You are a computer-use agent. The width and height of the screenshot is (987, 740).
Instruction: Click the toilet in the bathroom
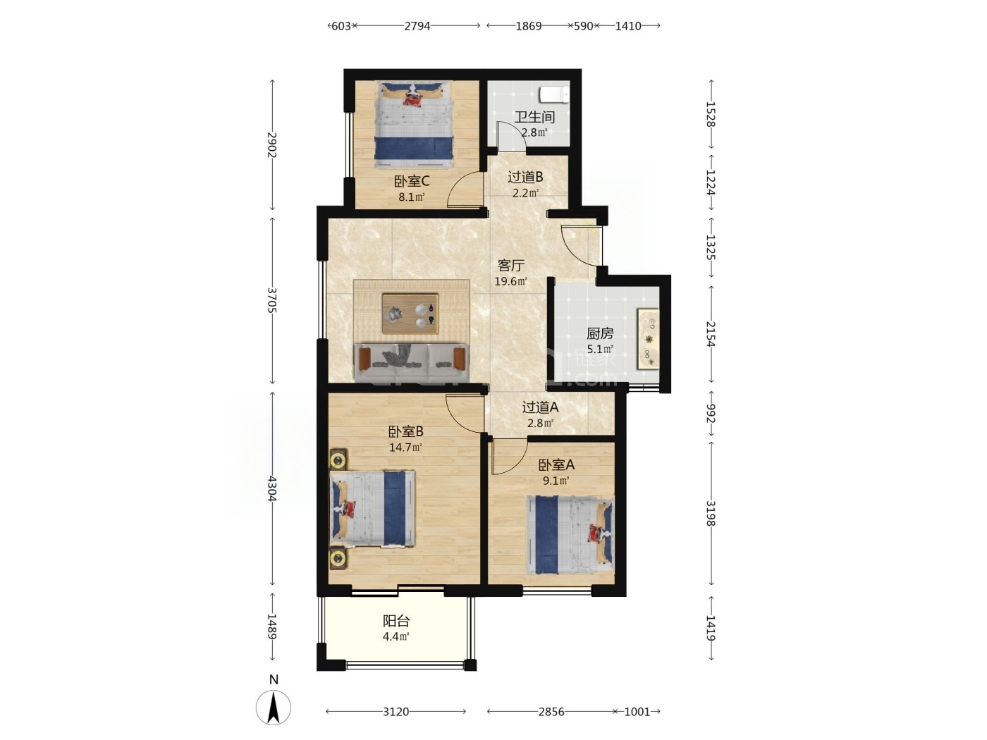pos(553,95)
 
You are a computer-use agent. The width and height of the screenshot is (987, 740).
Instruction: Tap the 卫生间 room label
pos(534,117)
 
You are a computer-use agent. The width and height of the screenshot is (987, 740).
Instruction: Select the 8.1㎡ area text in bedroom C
pos(412,197)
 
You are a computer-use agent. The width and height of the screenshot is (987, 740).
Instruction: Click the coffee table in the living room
pos(410,313)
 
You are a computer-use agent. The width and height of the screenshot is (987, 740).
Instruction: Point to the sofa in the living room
pos(412,362)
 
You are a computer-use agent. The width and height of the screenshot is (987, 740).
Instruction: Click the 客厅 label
pos(511,266)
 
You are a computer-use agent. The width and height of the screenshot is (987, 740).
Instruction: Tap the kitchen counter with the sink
pos(648,339)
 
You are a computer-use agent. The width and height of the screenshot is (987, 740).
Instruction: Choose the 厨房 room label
pos(600,333)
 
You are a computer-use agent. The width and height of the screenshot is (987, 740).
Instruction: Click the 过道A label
pos(540,407)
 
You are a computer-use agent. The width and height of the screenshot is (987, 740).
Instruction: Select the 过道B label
pos(525,177)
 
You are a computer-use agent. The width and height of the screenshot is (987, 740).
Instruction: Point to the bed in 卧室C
pos(414,125)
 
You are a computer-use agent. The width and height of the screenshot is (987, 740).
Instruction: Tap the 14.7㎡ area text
pos(405,448)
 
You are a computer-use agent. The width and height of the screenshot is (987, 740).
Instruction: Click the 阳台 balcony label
pos(396,621)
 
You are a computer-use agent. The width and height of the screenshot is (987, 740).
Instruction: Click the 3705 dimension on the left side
pos(272,301)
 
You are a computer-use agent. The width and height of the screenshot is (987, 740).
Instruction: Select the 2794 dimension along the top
pos(417,26)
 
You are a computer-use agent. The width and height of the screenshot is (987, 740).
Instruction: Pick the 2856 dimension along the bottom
pos(551,712)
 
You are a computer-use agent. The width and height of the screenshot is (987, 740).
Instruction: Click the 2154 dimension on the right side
pos(711,334)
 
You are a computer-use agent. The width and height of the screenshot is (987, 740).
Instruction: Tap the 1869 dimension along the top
pos(528,26)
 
